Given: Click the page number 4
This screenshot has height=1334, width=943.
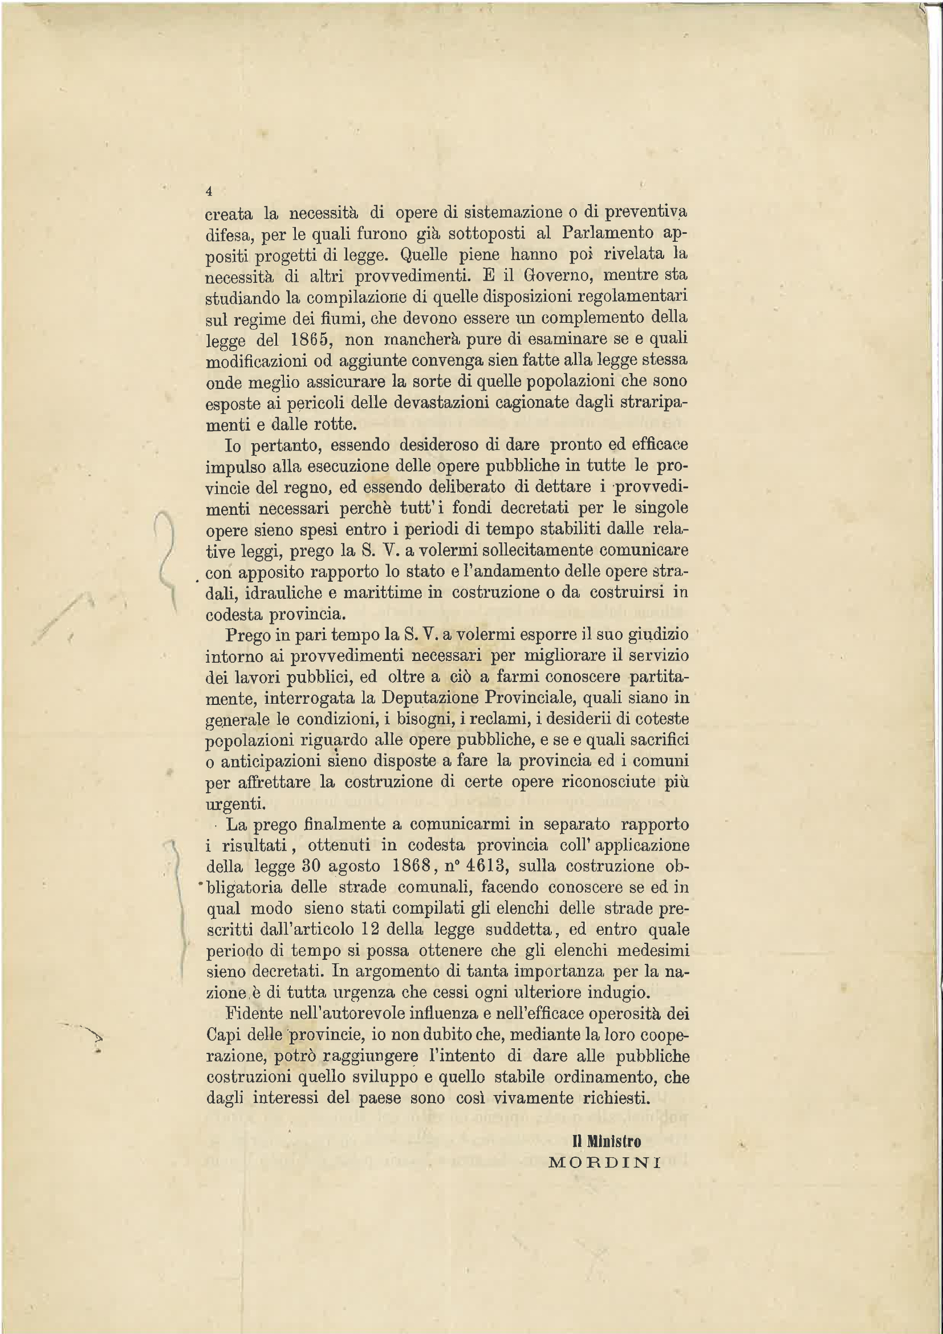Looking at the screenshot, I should [x=209, y=191].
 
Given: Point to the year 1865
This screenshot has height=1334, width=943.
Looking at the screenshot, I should [x=311, y=339].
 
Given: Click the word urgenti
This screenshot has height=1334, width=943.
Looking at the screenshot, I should [x=235, y=804].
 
